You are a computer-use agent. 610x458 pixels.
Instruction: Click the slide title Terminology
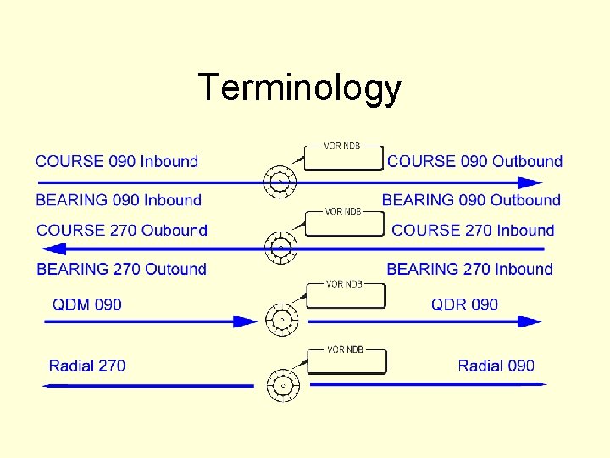pyautogui.click(x=299, y=88)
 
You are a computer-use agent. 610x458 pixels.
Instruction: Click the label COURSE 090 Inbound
pyautogui.click(x=117, y=161)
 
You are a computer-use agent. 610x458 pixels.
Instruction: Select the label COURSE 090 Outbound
pyautogui.click(x=474, y=161)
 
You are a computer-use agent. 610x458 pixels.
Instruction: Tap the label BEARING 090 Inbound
pyautogui.click(x=119, y=200)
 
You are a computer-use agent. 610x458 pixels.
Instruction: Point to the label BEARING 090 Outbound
pyautogui.click(x=471, y=200)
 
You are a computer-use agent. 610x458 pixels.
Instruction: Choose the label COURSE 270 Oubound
pyautogui.click(x=122, y=230)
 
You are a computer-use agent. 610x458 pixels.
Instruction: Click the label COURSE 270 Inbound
pyautogui.click(x=473, y=230)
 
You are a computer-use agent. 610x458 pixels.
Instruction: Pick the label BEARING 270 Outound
pyautogui.click(x=122, y=269)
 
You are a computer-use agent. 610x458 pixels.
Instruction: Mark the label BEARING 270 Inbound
pyautogui.click(x=469, y=269)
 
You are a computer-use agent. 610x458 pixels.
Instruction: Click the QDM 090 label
pyautogui.click(x=87, y=304)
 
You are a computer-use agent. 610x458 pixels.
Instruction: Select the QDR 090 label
pyautogui.click(x=464, y=304)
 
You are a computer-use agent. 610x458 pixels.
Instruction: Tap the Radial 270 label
pyautogui.click(x=87, y=366)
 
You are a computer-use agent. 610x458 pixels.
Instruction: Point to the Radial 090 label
pyautogui.click(x=496, y=366)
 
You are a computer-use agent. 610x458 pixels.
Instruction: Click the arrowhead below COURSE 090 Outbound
pyautogui.click(x=531, y=182)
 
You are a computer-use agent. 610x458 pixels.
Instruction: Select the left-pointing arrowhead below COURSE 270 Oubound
pyautogui.click(x=54, y=249)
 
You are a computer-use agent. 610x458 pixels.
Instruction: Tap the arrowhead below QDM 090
pyautogui.click(x=245, y=321)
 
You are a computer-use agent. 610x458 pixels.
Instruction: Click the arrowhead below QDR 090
pyautogui.click(x=530, y=321)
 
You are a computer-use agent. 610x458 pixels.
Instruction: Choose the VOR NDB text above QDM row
pyautogui.click(x=343, y=284)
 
